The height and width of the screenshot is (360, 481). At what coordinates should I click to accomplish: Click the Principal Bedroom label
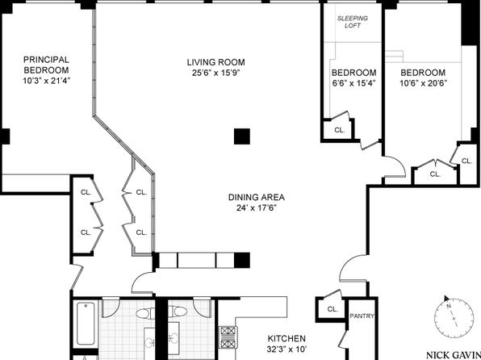[x=46, y=65]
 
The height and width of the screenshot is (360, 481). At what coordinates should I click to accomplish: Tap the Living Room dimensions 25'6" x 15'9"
[x=216, y=73]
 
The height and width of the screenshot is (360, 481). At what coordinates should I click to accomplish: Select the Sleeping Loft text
[x=353, y=22]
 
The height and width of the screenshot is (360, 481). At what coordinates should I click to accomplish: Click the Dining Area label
[x=257, y=197]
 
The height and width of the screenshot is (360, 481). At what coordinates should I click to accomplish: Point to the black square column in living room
[x=242, y=136]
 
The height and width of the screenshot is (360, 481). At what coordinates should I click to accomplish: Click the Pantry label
[x=362, y=316]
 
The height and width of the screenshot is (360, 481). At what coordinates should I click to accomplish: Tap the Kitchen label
[x=287, y=338]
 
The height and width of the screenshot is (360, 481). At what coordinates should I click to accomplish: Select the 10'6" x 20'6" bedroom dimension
[x=423, y=83]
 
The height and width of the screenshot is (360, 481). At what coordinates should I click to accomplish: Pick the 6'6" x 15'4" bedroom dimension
[x=354, y=83]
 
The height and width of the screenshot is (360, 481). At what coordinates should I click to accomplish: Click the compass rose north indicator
[x=446, y=299]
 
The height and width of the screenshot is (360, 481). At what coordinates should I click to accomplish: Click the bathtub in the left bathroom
[x=86, y=324]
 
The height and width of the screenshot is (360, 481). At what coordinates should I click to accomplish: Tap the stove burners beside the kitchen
[x=228, y=337]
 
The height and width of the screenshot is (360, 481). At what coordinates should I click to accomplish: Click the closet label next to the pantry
[x=333, y=309]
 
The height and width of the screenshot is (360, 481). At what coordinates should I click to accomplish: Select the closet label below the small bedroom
[x=339, y=130]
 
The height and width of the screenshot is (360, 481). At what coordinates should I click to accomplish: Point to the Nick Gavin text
[x=454, y=355]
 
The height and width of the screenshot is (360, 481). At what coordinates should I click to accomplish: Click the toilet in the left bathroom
[x=144, y=314]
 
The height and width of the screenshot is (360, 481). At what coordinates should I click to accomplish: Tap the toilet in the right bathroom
[x=178, y=312]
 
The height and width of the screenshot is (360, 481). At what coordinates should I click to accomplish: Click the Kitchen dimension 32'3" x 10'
[x=287, y=350]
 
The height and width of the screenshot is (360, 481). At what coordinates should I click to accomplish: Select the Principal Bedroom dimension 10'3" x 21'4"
[x=46, y=81]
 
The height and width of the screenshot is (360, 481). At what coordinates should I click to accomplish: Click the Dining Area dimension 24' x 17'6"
[x=257, y=207]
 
